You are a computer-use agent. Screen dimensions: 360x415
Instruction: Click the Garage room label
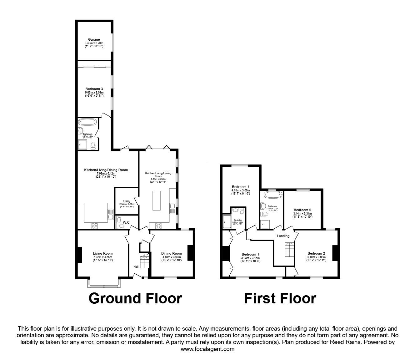(x=94, y=40)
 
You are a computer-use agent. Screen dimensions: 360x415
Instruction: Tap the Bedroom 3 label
(x=93, y=89)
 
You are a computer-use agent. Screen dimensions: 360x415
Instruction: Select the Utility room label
(x=127, y=201)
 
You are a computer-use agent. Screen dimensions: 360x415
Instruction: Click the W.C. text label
(x=127, y=222)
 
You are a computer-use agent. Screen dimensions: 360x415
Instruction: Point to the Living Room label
(x=102, y=254)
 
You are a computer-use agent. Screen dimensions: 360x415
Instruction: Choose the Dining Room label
(x=171, y=254)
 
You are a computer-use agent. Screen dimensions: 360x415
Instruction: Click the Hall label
(x=136, y=267)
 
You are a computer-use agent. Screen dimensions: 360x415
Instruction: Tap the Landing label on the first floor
(x=283, y=236)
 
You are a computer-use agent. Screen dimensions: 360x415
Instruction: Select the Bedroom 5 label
(x=302, y=210)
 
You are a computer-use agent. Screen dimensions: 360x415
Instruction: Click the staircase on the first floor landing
(x=290, y=249)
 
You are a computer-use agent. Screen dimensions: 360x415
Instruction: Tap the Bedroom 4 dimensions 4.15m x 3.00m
(x=240, y=190)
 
